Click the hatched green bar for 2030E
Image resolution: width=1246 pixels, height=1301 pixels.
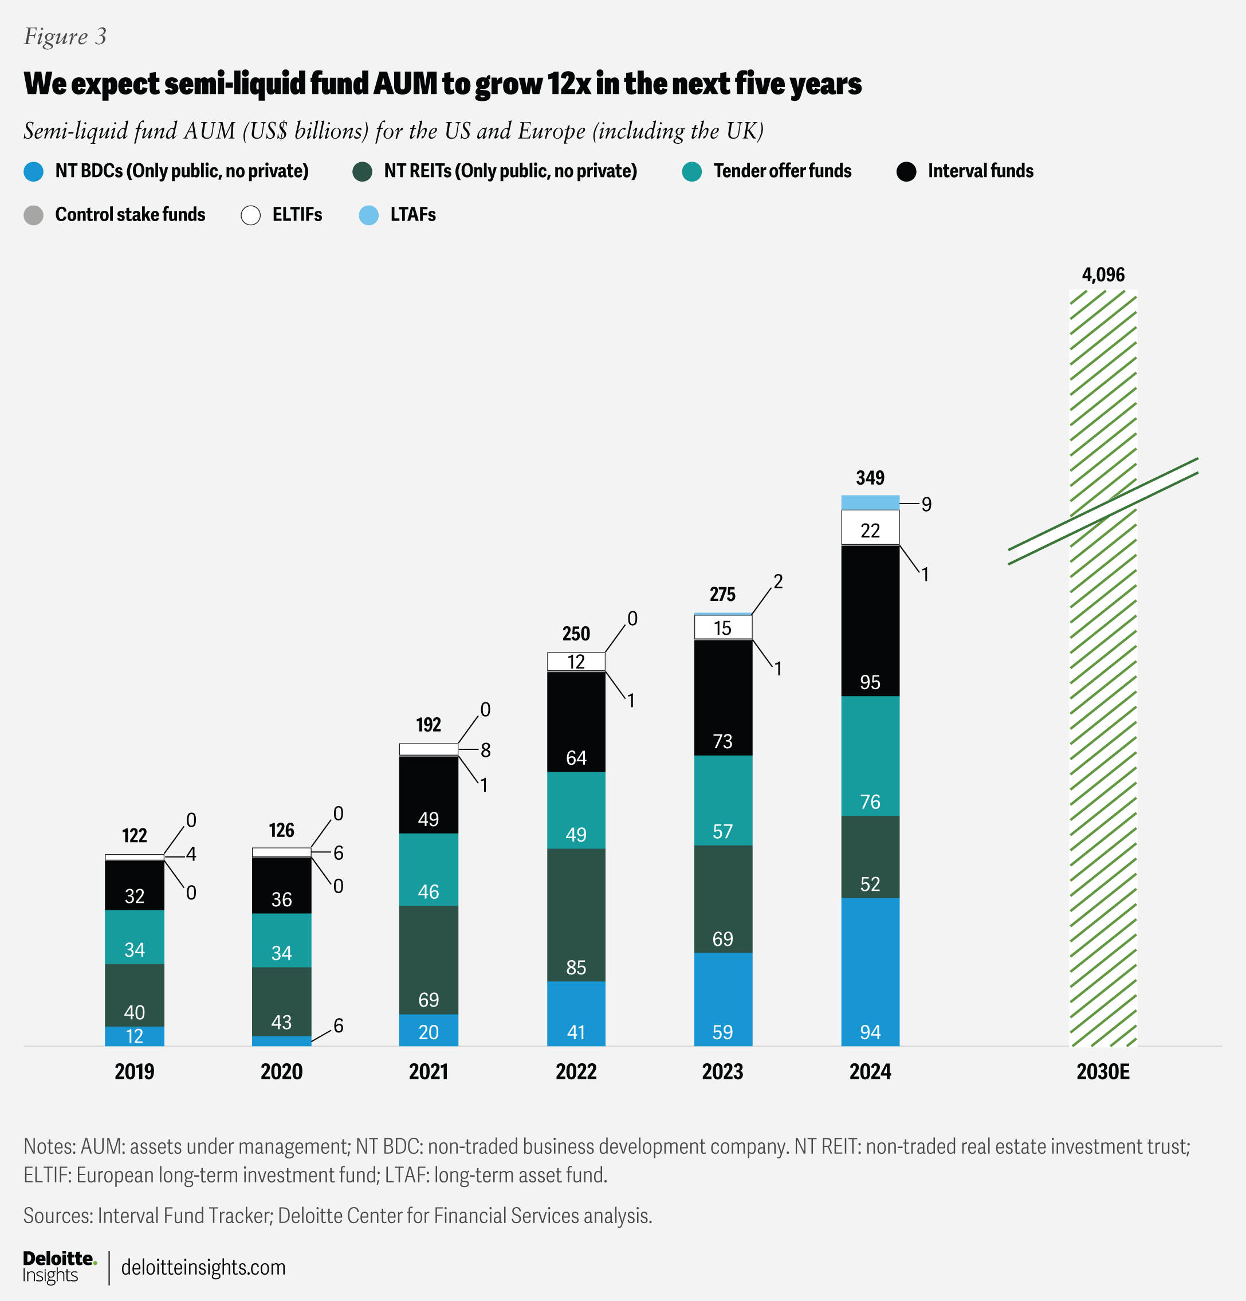click(1103, 730)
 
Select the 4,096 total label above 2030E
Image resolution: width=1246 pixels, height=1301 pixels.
click(1103, 275)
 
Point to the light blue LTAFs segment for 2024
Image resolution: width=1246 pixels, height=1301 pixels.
click(870, 502)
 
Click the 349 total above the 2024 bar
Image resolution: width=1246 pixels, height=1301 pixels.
click(870, 478)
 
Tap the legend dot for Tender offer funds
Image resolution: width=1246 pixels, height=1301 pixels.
click(691, 172)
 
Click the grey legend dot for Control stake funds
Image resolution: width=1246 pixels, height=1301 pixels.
click(34, 215)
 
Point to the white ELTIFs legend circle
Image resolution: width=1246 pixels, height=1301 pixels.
click(251, 215)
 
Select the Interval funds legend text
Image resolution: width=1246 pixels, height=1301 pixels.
click(980, 171)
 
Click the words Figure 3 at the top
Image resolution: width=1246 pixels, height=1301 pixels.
click(65, 37)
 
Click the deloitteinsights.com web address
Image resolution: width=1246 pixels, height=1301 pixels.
click(203, 1267)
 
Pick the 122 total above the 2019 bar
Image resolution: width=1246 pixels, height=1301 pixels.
click(134, 836)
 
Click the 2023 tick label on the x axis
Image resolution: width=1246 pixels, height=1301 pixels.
click(723, 1071)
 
